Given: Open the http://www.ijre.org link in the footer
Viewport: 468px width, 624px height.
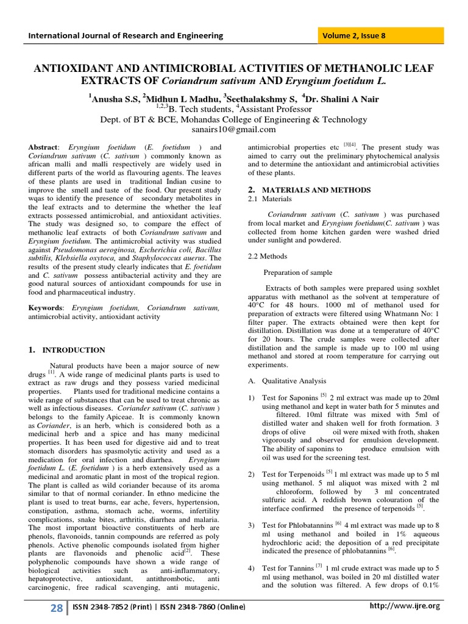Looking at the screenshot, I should coord(405,606).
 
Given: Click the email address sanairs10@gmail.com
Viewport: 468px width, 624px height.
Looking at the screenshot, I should coord(234,129).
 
